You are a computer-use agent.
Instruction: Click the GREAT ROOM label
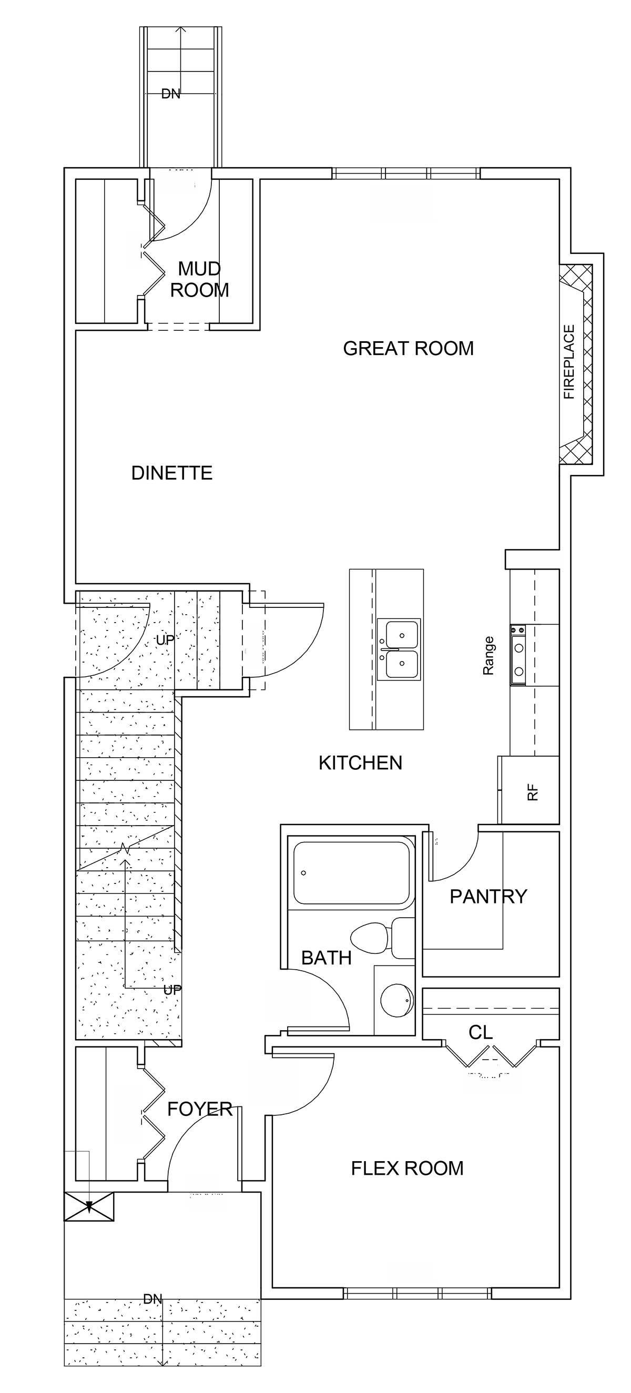tap(408, 348)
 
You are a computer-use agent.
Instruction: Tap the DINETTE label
tap(172, 473)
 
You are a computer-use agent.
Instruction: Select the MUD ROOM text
tap(199, 279)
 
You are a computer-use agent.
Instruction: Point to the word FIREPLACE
tap(569, 362)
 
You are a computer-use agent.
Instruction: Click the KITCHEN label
tap(361, 763)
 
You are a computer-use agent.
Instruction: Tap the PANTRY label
tap(488, 897)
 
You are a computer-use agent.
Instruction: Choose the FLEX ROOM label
tap(407, 1168)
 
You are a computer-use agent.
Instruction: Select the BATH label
tap(327, 958)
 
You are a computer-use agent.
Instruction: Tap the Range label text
tap(488, 655)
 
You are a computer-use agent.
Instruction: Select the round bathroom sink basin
tap(398, 1001)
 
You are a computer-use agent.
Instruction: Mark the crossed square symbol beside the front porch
tap(89, 1206)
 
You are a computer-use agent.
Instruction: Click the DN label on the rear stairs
tap(171, 94)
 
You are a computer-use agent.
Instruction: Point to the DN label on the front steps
tap(153, 1299)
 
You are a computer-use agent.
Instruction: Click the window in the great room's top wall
tap(405, 174)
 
